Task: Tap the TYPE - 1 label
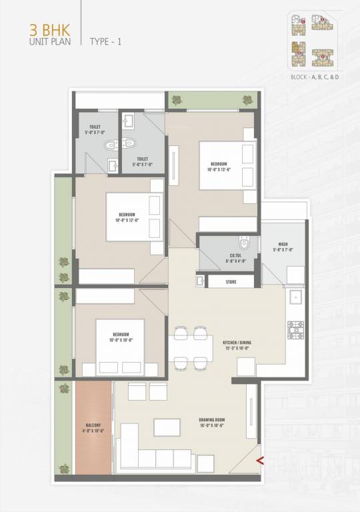pos(106,41)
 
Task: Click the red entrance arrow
pos(259,459)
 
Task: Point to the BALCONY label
pos(93,427)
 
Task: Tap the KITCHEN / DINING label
pos(237,345)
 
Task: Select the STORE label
pos(231,282)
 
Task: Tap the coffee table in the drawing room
pos(167,427)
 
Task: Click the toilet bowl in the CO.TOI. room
pos(245,244)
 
